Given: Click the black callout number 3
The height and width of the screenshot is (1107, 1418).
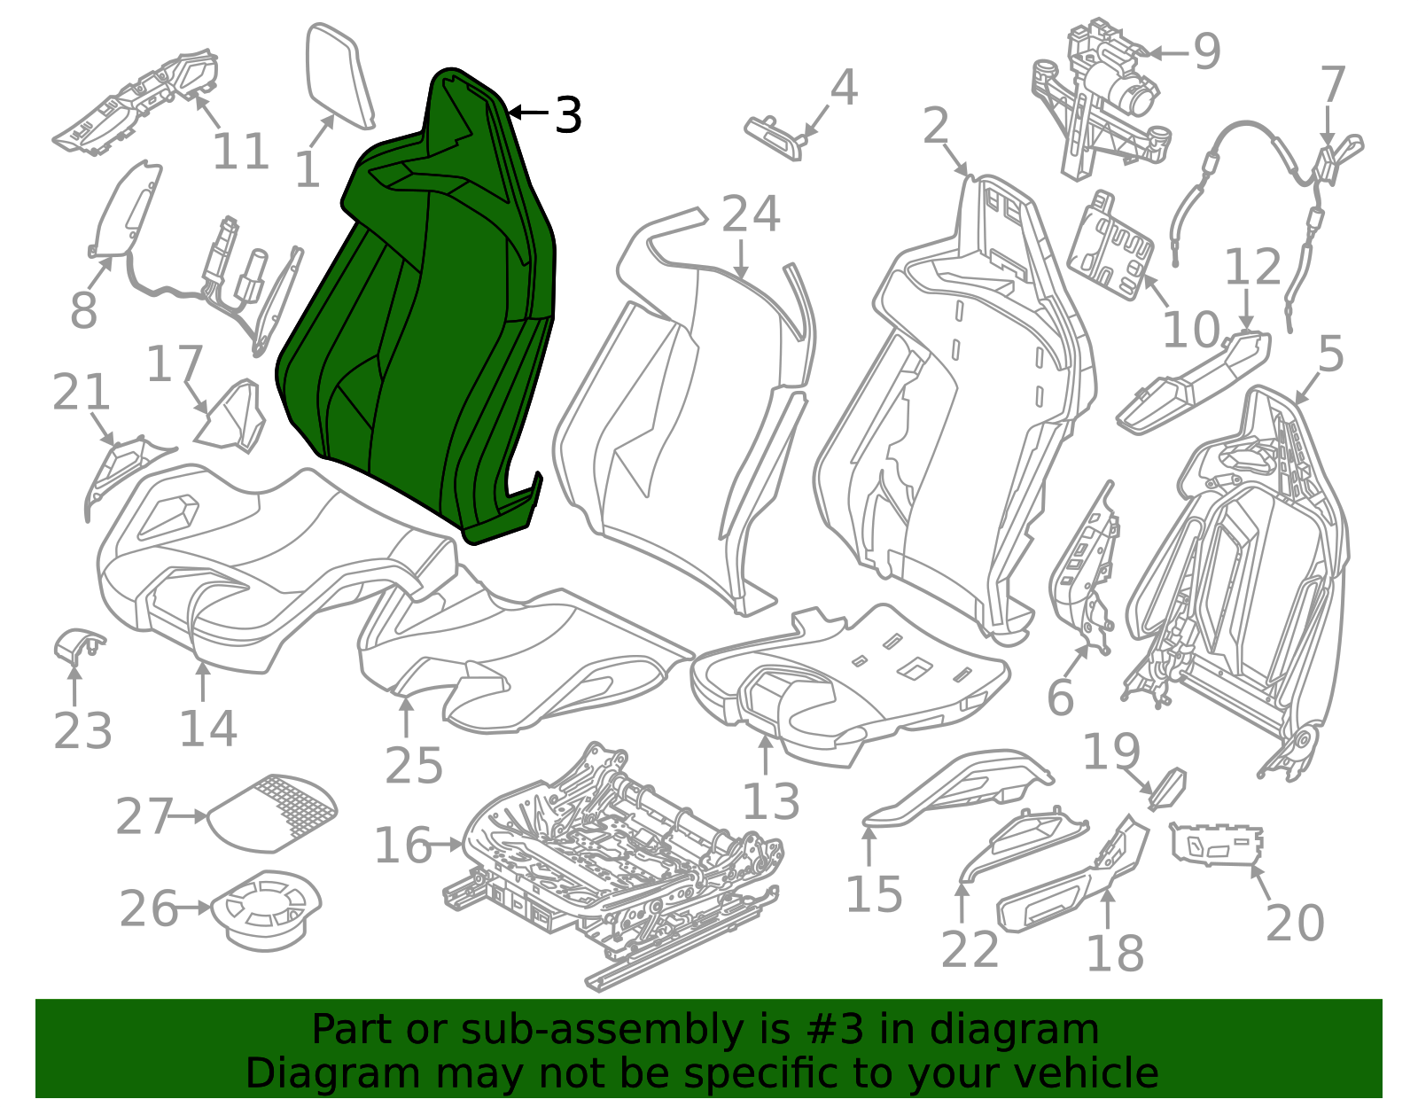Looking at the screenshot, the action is [x=568, y=115].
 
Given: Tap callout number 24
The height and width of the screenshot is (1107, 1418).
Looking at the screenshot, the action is [x=751, y=214].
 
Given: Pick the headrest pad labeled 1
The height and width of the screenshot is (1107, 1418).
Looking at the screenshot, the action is [x=339, y=75].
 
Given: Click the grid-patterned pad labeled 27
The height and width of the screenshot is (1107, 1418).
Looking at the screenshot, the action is [x=273, y=814].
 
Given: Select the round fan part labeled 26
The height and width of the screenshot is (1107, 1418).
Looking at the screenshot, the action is [x=266, y=911].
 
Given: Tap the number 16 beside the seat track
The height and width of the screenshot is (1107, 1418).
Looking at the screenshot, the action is [x=403, y=846].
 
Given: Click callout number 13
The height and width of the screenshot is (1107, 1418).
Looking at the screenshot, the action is [x=771, y=801].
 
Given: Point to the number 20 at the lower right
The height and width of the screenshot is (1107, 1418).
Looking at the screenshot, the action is [x=1296, y=923].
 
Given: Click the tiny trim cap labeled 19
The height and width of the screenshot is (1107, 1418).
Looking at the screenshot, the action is [x=1168, y=790].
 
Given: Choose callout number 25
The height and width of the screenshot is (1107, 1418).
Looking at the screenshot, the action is [x=414, y=765].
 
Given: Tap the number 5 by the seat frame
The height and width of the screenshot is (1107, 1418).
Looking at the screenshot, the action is [x=1331, y=355].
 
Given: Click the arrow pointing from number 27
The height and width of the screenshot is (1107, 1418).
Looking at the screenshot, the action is [x=190, y=816].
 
